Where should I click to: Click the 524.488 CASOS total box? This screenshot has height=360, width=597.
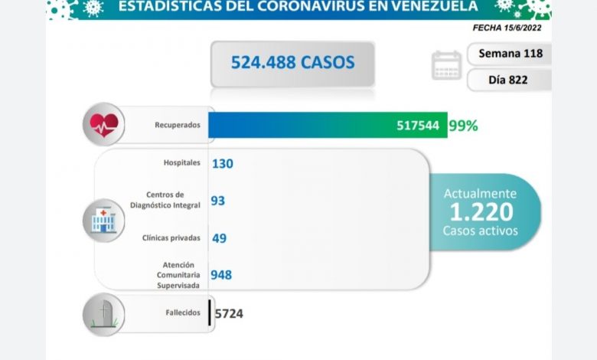click(282, 61)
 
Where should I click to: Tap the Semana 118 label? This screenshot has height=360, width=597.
click(510, 54)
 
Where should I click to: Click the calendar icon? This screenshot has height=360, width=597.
click(446, 65)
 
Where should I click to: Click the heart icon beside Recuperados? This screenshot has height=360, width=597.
click(106, 124)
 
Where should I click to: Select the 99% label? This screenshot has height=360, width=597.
click(464, 126)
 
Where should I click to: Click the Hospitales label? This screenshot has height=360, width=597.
click(182, 163)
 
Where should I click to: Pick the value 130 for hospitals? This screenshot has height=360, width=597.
click(223, 163)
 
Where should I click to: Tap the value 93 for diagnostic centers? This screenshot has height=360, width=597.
click(218, 200)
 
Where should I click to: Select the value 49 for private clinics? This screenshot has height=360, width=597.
click(219, 237)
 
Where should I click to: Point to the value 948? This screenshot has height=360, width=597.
click(222, 275)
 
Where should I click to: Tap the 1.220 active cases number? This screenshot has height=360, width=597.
click(481, 211)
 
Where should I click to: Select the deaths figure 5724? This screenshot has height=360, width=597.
click(229, 313)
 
